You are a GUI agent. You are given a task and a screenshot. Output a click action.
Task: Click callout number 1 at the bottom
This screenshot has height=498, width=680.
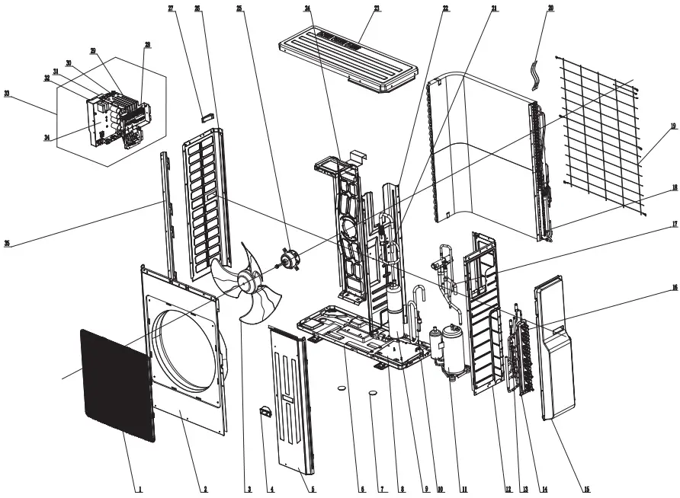click(x=140, y=489)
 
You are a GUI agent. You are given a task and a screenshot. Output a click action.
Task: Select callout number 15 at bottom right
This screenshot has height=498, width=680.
click(x=587, y=489)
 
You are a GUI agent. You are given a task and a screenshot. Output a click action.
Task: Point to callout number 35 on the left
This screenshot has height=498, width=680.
click(x=7, y=244)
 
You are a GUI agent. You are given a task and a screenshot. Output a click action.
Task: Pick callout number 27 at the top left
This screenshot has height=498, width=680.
click(x=171, y=8)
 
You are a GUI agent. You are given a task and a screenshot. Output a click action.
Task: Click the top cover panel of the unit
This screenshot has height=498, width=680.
click(x=349, y=56)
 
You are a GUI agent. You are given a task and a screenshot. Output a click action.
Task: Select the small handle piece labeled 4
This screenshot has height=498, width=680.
click(x=266, y=412)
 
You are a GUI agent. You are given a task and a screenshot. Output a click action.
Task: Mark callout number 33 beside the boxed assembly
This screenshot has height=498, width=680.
click(x=7, y=94)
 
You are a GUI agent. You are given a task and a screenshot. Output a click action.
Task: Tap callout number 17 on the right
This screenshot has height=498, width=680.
click(x=674, y=225)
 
